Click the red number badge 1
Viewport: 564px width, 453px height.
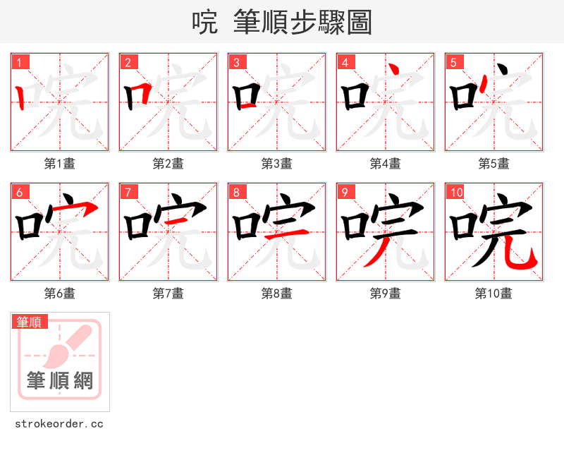pos(19,62)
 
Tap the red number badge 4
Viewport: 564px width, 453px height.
pos(345,62)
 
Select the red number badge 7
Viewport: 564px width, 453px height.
pos(128,192)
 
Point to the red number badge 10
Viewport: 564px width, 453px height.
pos(456,192)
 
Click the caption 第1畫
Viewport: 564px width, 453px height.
pos(59,164)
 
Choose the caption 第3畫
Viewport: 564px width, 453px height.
pos(276,164)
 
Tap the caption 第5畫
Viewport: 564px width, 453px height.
pos(493,164)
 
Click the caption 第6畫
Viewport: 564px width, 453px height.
pos(59,294)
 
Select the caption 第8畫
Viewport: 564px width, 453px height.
pos(276,294)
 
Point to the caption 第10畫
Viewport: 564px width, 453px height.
pos(493,294)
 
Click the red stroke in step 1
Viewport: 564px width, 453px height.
pos(20,98)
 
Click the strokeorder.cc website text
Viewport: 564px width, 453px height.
pos(59,424)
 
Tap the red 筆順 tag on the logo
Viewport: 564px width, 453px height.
pos(30,322)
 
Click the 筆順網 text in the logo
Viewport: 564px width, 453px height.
pos(60,381)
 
